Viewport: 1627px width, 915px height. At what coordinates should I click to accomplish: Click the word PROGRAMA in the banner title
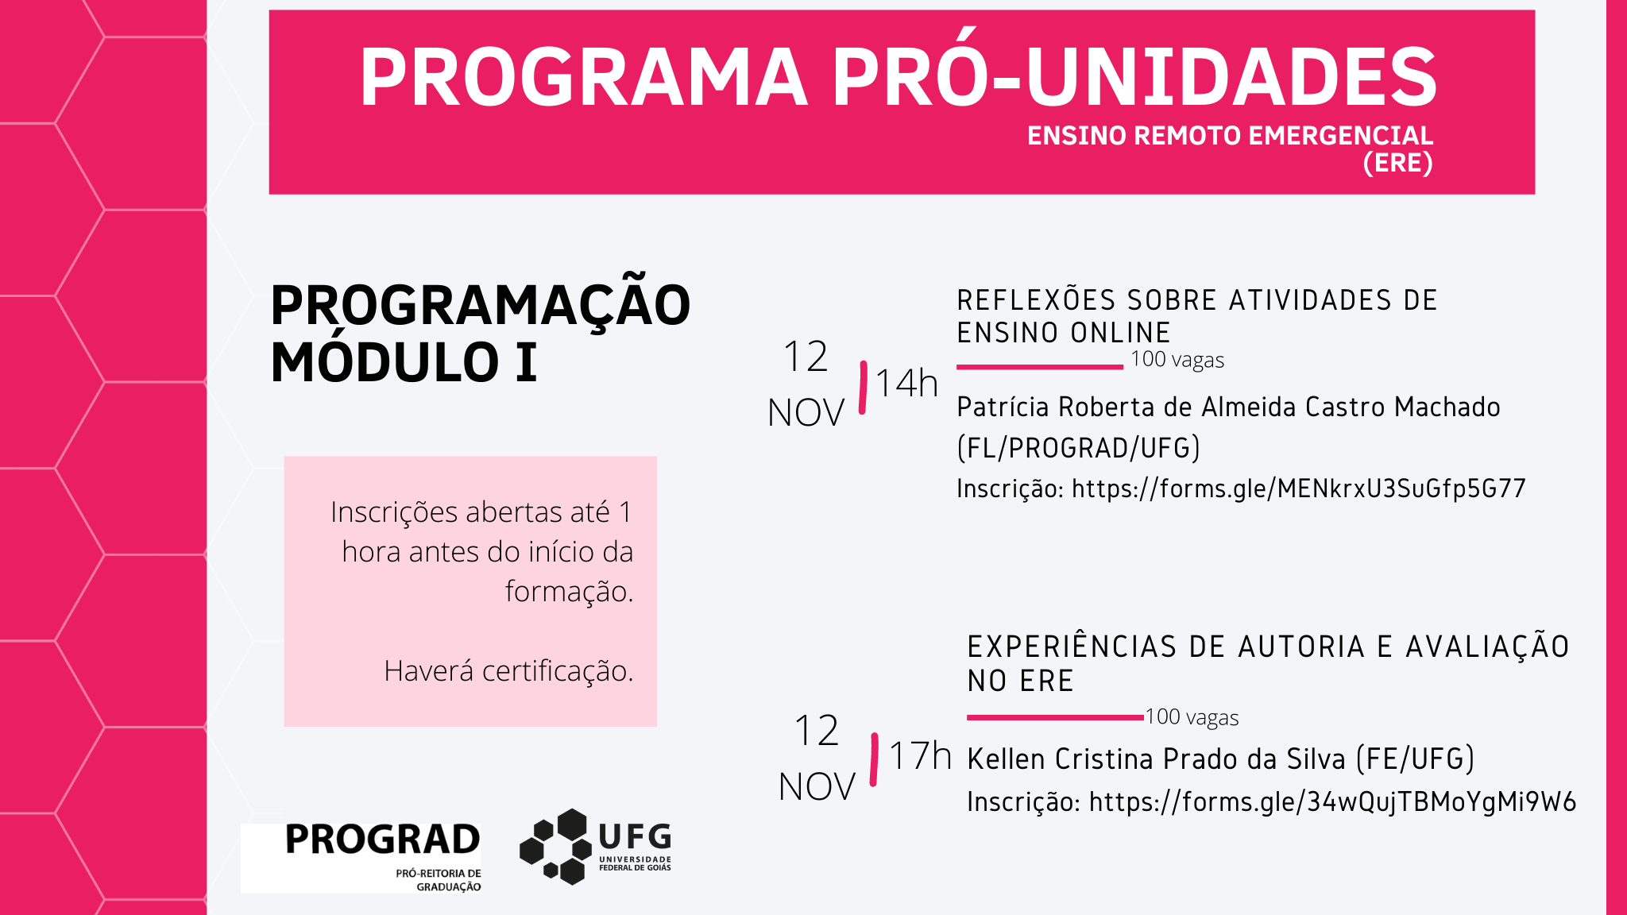(x=584, y=77)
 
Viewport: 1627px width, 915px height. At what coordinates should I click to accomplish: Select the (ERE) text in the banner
(x=1397, y=163)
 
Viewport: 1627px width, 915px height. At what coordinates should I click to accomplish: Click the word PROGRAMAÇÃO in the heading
(x=481, y=306)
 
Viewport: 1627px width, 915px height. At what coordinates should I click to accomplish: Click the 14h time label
(x=906, y=384)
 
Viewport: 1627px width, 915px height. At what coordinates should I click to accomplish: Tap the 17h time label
(x=920, y=755)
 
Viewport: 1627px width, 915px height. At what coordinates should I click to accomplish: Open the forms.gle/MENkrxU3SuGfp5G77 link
(x=1299, y=488)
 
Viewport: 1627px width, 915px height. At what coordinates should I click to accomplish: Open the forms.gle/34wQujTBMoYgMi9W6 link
(x=1332, y=801)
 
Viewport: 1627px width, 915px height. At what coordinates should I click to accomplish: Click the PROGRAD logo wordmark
(x=382, y=840)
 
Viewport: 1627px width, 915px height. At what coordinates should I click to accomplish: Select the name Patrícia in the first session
(x=1004, y=407)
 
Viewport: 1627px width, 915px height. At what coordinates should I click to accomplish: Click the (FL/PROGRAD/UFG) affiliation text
(x=1078, y=448)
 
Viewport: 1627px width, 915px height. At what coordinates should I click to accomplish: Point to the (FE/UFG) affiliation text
(x=1415, y=759)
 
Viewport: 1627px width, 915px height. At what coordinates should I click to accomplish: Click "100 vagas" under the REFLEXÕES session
(x=1177, y=360)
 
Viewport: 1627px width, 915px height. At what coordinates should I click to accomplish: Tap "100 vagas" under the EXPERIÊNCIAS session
(x=1192, y=717)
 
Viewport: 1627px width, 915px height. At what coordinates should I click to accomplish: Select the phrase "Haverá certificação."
(x=508, y=671)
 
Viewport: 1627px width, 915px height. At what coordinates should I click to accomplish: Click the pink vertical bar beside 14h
(x=863, y=388)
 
